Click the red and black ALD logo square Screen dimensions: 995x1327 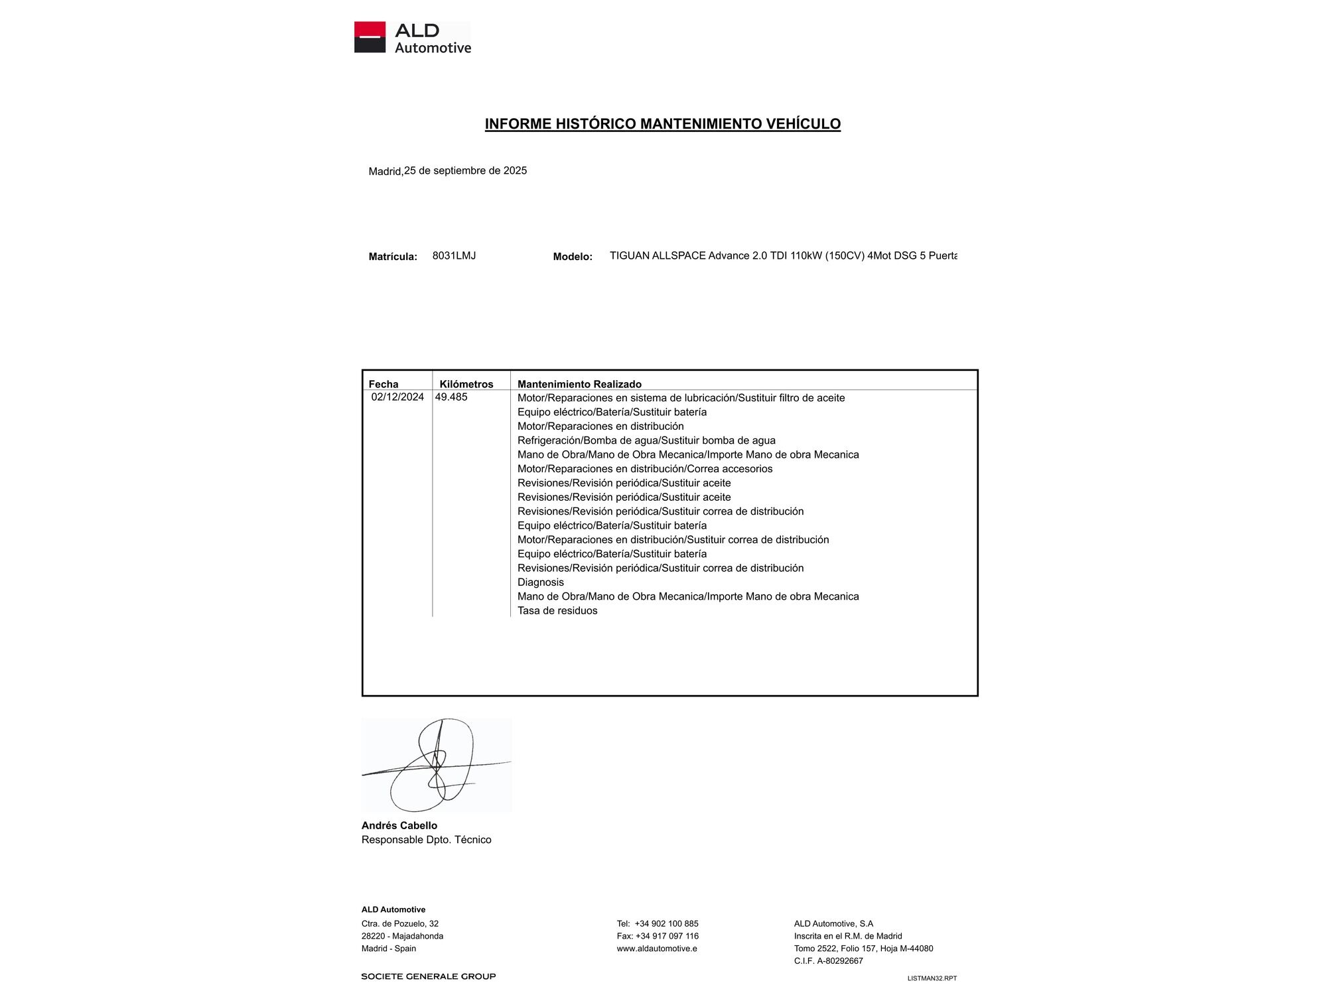pos(370,37)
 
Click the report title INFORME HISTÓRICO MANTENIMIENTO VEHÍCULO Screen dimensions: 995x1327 pos(662,124)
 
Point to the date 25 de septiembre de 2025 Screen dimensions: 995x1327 pos(465,170)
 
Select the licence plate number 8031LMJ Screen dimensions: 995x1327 pos(454,255)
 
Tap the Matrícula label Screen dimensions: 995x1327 pos(393,257)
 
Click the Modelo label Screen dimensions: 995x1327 pos(573,257)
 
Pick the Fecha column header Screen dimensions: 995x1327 pos(384,384)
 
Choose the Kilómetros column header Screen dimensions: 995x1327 pos(466,384)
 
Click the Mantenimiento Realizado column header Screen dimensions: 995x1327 pos(579,384)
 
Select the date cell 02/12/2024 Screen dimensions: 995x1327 pos(397,397)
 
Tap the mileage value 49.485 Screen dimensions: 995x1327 pos(451,397)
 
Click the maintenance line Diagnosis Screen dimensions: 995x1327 pos(541,582)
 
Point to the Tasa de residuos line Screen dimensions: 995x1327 pos(557,611)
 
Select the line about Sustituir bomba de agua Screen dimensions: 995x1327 pos(646,440)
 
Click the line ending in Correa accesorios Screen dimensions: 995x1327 pos(645,469)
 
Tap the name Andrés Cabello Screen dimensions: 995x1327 pos(399,826)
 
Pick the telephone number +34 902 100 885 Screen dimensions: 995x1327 pos(666,924)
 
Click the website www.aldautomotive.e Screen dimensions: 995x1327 pos(657,949)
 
